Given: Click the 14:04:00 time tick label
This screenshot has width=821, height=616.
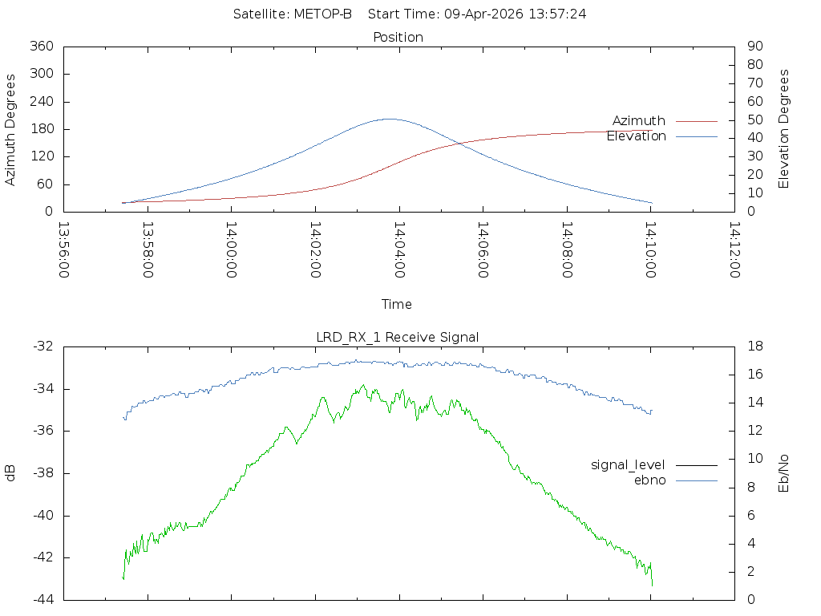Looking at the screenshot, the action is pyautogui.click(x=399, y=250).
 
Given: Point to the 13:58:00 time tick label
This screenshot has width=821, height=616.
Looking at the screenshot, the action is pyautogui.click(x=148, y=250).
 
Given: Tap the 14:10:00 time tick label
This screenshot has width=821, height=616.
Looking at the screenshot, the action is pyautogui.click(x=651, y=250).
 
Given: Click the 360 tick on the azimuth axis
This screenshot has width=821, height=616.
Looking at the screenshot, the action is pyautogui.click(x=42, y=46).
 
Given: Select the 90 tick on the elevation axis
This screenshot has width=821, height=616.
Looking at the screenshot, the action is pyautogui.click(x=755, y=46).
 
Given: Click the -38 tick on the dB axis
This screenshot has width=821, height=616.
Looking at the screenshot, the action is pyautogui.click(x=43, y=473).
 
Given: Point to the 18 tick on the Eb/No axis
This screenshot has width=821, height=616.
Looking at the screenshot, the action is pyautogui.click(x=755, y=346).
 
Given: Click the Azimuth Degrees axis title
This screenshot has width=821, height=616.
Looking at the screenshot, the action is pyautogui.click(x=10, y=130).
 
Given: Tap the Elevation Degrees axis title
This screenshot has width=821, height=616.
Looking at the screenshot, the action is pyautogui.click(x=784, y=129).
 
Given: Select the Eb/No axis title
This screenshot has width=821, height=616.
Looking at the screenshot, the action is pyautogui.click(x=784, y=473).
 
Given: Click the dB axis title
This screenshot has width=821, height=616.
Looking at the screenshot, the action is pyautogui.click(x=10, y=473).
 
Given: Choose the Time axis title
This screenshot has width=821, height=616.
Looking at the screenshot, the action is pyautogui.click(x=396, y=304).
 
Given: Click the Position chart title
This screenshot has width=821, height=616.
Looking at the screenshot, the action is pyautogui.click(x=398, y=37).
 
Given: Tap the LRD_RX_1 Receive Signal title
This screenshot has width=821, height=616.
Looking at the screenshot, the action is pyautogui.click(x=398, y=338).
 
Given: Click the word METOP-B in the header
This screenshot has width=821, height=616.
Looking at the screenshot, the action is pyautogui.click(x=322, y=14).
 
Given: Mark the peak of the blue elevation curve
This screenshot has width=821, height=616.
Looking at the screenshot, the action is pyautogui.click(x=390, y=119).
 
